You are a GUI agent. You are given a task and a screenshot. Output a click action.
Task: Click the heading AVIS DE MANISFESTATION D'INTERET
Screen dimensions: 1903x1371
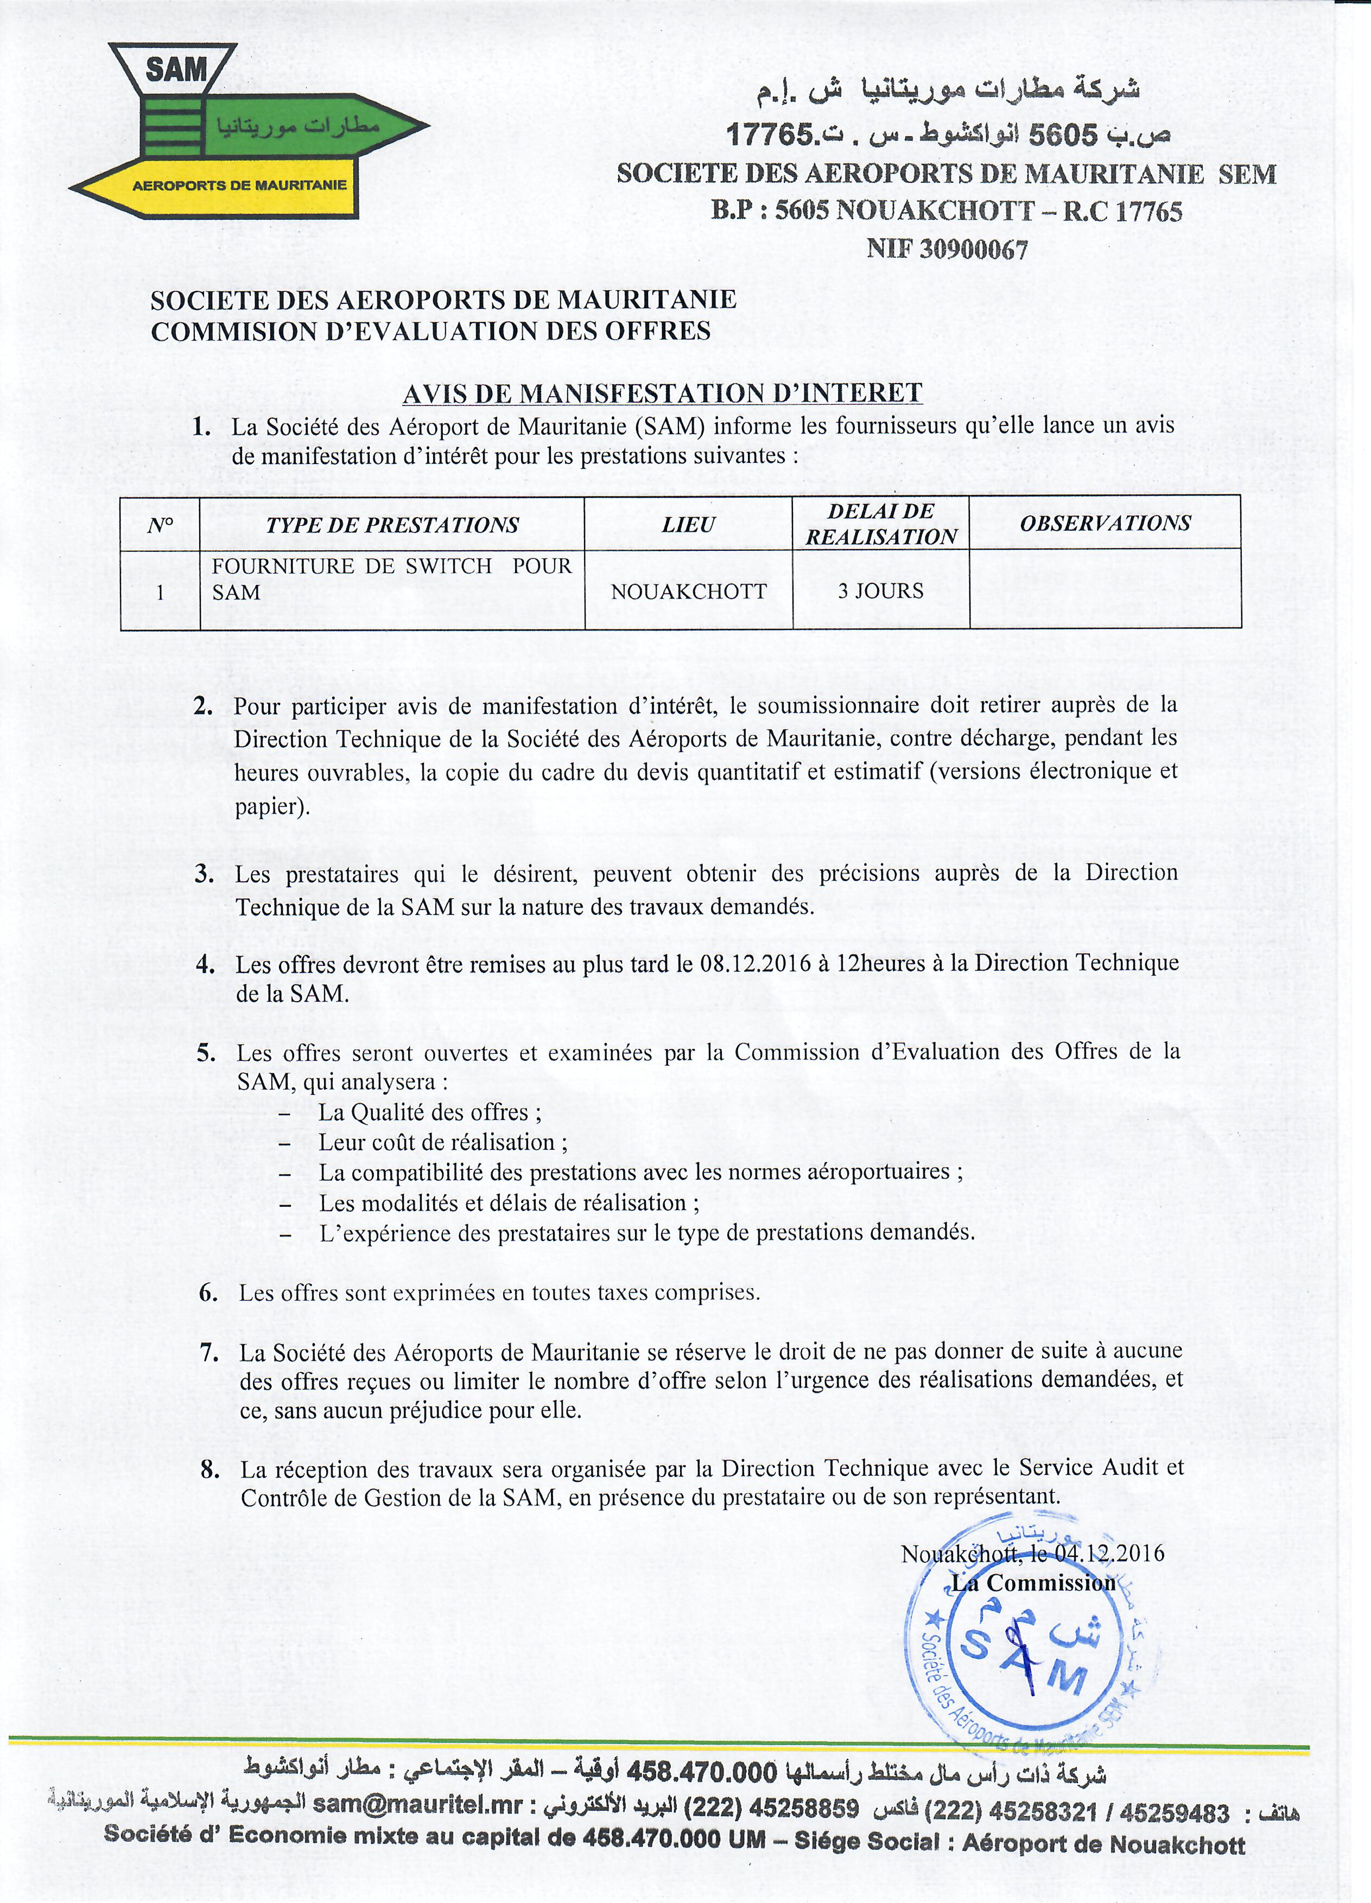point(662,393)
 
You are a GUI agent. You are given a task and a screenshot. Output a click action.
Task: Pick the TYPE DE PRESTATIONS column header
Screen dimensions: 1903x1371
point(392,525)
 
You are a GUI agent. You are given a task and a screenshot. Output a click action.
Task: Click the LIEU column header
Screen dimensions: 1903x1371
point(688,525)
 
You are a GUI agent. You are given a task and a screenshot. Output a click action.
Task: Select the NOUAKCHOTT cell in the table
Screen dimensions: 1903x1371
point(688,591)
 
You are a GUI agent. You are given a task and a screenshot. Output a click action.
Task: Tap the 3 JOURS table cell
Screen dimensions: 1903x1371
point(880,591)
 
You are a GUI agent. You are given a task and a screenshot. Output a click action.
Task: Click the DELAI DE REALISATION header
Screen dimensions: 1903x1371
point(881,524)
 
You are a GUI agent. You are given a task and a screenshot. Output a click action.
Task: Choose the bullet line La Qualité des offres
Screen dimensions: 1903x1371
point(430,1112)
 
